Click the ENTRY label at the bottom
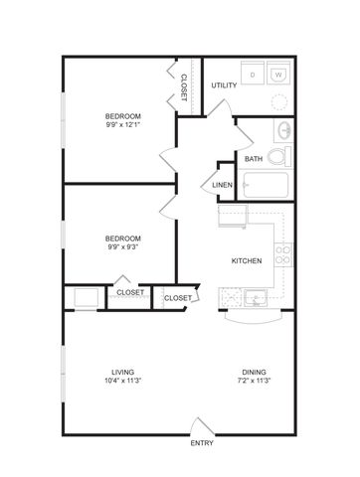click(x=202, y=443)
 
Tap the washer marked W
click(x=278, y=73)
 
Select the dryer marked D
click(x=253, y=73)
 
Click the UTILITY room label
click(x=224, y=85)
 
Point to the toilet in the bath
click(x=279, y=156)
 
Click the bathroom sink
click(x=283, y=130)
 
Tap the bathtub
click(x=266, y=185)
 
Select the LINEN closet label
click(x=222, y=185)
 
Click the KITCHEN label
click(x=247, y=261)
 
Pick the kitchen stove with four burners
click(x=283, y=255)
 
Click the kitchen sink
click(x=256, y=298)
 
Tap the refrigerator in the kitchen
click(x=233, y=216)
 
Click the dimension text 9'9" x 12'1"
click(x=123, y=125)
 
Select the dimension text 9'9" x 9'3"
click(x=123, y=246)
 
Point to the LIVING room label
click(x=123, y=372)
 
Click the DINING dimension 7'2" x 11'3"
click(x=255, y=381)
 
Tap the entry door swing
click(x=202, y=426)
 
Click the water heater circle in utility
click(x=278, y=102)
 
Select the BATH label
click(x=254, y=159)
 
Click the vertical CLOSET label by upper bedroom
click(x=183, y=87)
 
